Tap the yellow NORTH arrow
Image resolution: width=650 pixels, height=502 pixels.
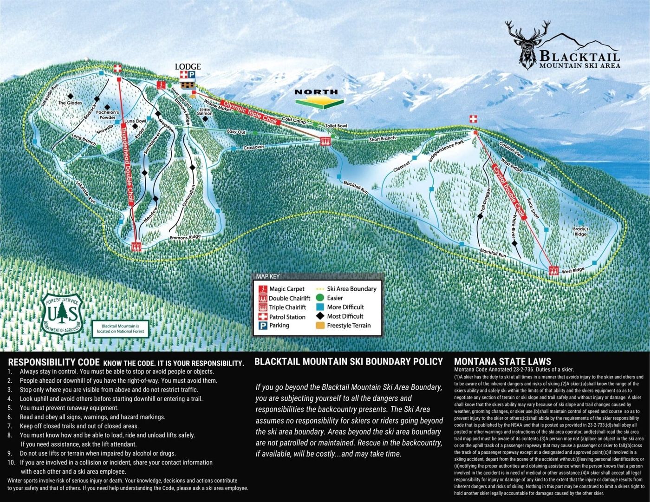[319, 98]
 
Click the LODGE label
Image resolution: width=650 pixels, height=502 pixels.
[188, 66]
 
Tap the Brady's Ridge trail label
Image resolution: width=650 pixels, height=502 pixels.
[580, 232]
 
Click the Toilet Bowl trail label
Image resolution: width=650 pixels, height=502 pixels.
[336, 126]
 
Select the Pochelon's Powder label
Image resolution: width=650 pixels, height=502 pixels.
[108, 115]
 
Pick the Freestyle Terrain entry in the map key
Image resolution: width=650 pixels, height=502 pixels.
[349, 326]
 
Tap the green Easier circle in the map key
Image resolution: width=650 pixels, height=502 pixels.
[320, 298]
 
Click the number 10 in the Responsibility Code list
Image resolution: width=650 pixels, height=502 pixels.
[11, 463]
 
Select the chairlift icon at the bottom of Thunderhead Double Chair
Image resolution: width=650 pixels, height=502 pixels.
[136, 247]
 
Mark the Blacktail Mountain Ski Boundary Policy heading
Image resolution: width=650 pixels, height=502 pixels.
[349, 362]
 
